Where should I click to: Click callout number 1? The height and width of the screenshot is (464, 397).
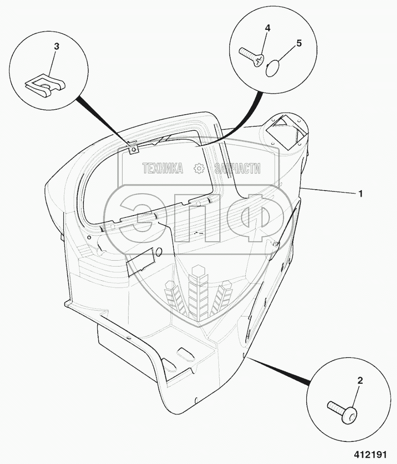(361, 194)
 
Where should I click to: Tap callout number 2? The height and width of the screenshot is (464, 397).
(360, 380)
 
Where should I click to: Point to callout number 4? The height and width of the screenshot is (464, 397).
(267, 28)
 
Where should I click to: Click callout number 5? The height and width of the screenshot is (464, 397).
(299, 43)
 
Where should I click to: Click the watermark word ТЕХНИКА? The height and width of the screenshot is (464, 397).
(162, 169)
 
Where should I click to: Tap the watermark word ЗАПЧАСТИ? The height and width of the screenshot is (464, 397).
(238, 169)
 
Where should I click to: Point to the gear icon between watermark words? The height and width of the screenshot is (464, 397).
(199, 169)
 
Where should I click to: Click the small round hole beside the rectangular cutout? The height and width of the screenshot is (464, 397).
(159, 252)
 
